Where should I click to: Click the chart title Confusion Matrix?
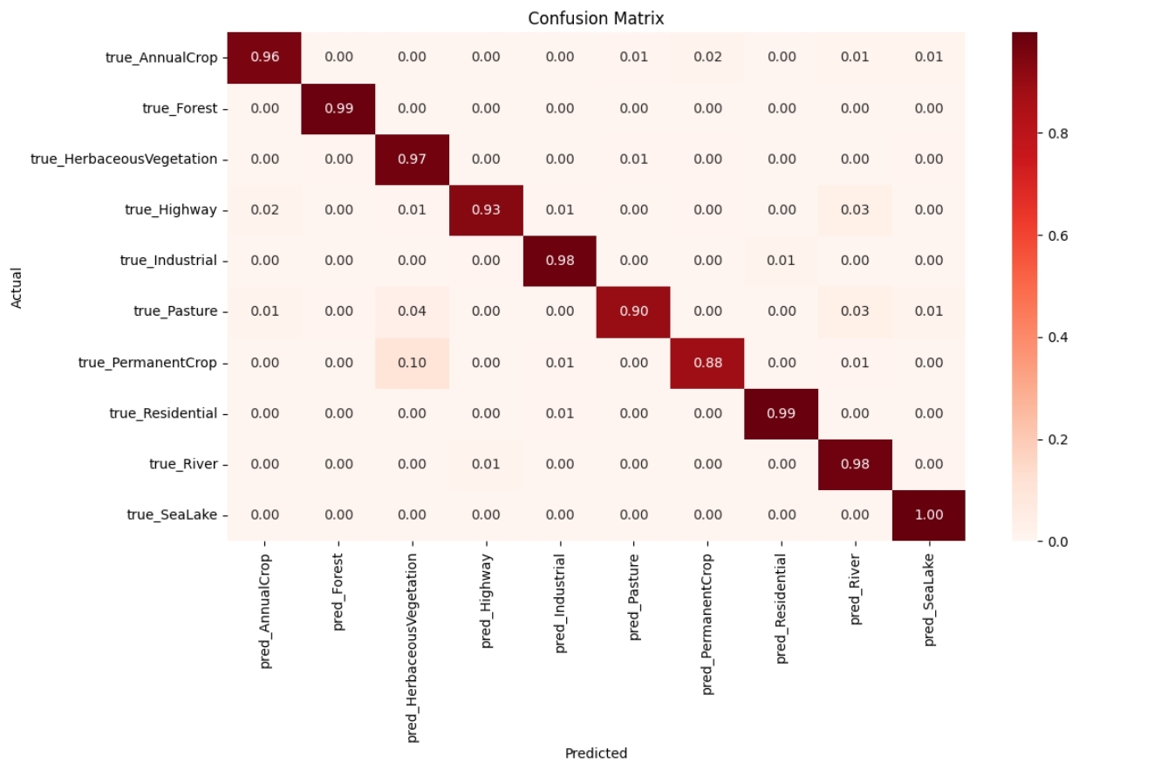pos(596,18)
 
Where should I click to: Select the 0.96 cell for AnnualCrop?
pos(264,57)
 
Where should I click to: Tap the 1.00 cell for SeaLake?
pos(929,515)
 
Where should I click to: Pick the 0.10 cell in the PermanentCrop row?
pos(412,363)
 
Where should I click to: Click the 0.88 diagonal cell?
pos(707,363)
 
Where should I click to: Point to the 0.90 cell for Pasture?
pos(633,312)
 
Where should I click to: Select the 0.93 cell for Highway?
pos(486,210)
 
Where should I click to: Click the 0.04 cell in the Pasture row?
pos(412,312)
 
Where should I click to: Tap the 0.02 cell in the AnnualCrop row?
pos(707,57)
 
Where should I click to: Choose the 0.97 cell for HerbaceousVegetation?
pos(412,159)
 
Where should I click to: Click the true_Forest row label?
pos(180,108)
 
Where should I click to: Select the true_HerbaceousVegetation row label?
pos(124,159)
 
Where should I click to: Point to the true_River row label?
pos(183,464)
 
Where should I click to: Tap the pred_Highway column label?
pos(486,601)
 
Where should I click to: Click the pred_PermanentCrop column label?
pos(707,624)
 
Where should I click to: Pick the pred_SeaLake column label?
pos(929,600)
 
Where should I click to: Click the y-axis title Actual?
pos(16,288)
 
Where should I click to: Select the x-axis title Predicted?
pos(596,753)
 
